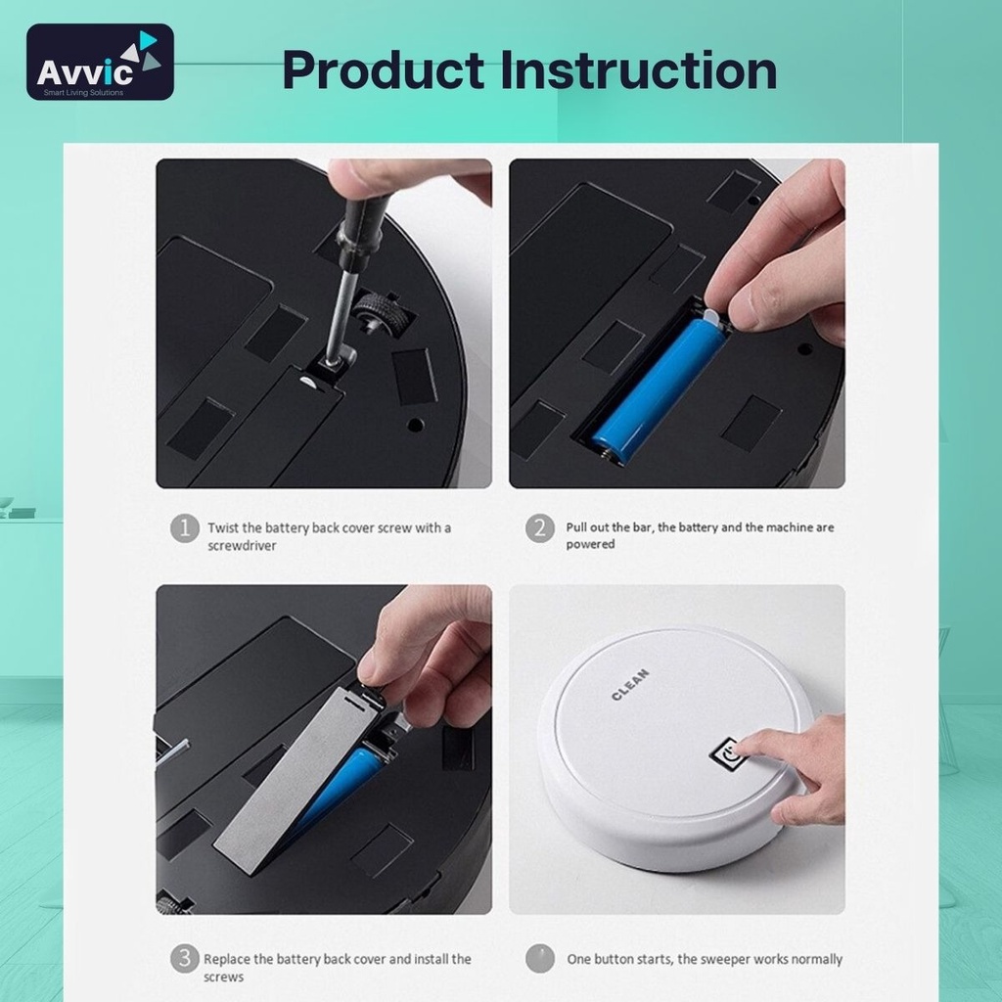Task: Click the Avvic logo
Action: tap(100, 62)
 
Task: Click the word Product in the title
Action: tap(384, 70)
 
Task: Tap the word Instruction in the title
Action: tap(638, 69)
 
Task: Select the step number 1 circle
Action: tap(185, 527)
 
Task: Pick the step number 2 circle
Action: tap(540, 527)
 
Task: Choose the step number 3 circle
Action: tap(185, 959)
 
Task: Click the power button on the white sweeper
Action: tap(728, 754)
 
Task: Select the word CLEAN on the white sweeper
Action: tap(630, 684)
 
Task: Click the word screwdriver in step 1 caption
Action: tap(242, 546)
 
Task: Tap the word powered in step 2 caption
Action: tap(590, 544)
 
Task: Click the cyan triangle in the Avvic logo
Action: tap(149, 39)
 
